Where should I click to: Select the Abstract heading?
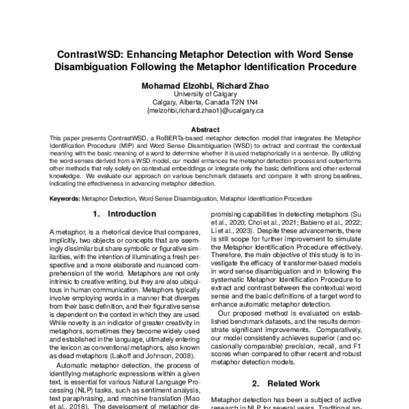[x=204, y=129]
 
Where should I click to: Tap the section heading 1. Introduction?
[x=123, y=215]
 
